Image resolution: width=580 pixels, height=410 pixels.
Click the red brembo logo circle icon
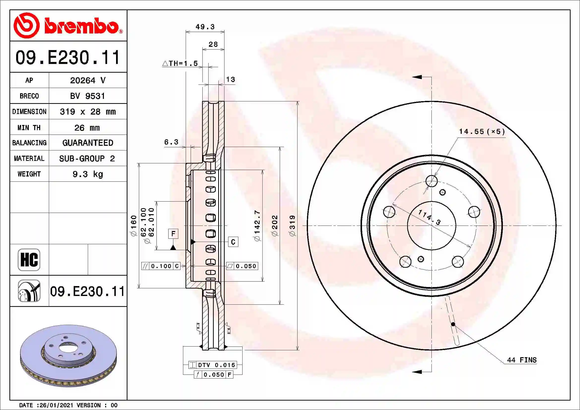[x=26, y=26]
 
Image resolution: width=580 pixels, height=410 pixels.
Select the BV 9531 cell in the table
[x=87, y=96]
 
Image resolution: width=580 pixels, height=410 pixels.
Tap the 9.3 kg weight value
[x=87, y=174]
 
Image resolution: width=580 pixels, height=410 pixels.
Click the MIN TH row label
[x=29, y=127]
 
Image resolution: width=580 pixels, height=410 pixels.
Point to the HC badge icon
[x=29, y=260]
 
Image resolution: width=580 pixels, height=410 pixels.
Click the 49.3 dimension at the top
[x=205, y=27]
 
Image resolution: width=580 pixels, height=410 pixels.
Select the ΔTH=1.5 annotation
[x=180, y=63]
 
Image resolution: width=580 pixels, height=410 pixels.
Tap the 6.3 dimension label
[x=171, y=142]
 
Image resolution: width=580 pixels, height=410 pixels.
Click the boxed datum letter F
[x=173, y=234]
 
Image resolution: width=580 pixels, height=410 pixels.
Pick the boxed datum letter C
[x=233, y=242]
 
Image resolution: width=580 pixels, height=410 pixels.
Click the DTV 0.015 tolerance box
[x=213, y=365]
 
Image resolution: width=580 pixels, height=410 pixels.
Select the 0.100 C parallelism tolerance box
[x=161, y=266]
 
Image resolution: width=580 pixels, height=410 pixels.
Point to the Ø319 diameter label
[x=292, y=225]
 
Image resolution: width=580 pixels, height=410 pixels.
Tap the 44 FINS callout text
[x=522, y=360]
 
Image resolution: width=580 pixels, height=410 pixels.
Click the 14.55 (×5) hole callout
[x=482, y=132]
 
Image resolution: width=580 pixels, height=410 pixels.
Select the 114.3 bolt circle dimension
[x=429, y=217]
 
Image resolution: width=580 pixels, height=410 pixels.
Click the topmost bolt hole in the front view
[x=431, y=181]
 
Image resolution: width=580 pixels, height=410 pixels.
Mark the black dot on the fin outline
[x=453, y=324]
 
